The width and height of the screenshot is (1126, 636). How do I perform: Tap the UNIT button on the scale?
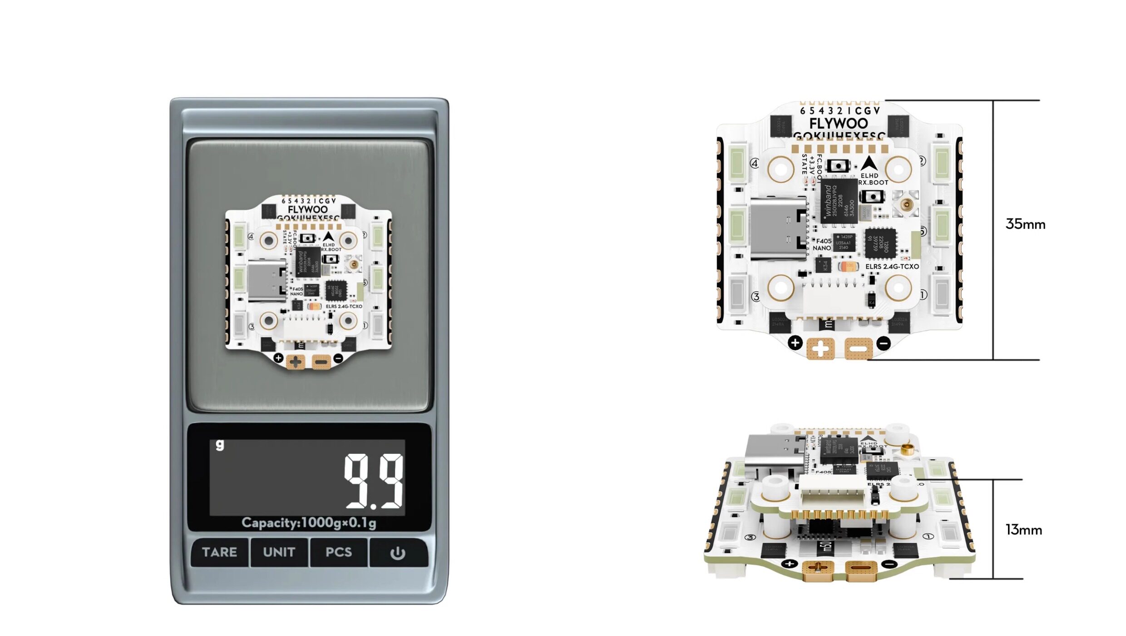pos(279,552)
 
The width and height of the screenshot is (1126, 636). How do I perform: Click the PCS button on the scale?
pos(339,552)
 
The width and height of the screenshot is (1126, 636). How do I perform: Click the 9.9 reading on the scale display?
pos(373,481)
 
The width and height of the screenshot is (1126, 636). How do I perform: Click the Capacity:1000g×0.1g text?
pos(309,523)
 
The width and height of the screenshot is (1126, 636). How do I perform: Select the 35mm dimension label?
pos(1025,224)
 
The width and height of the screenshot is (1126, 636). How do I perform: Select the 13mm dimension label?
pos(1023,530)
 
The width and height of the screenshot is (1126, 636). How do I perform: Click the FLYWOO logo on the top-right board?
pos(838,123)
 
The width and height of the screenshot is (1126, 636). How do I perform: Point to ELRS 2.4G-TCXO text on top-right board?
pos(892,267)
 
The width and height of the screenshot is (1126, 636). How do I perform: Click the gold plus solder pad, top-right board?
pos(820,349)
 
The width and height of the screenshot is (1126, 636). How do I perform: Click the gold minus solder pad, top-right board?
pos(858,349)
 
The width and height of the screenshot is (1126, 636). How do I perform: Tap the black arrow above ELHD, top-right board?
pos(869,164)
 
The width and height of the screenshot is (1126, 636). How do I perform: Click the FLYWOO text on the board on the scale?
pos(307,209)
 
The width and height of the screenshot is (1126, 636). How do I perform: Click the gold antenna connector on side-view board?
pos(907,450)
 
